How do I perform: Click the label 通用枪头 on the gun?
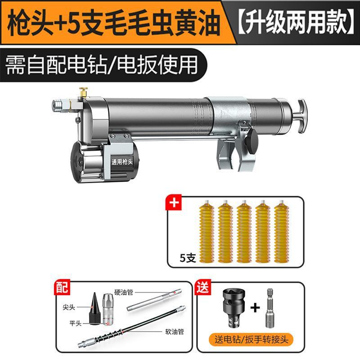tap(122, 162)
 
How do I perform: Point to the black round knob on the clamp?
tap(252, 141)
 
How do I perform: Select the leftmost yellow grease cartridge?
tap(207, 231)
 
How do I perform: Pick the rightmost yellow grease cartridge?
tap(282, 231)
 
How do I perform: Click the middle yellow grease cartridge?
tap(244, 231)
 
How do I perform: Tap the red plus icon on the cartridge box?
tap(174, 202)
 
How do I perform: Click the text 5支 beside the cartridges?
tap(188, 258)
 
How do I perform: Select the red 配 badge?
tap(62, 288)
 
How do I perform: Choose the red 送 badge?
tap(203, 287)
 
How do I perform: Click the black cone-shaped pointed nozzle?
tap(94, 308)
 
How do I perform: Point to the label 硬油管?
tap(124, 292)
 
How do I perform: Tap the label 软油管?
tap(175, 332)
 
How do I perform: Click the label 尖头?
tap(69, 307)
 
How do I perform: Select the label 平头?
tap(75, 323)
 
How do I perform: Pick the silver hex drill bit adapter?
tap(270, 308)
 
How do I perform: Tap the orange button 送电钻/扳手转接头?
tap(251, 339)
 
